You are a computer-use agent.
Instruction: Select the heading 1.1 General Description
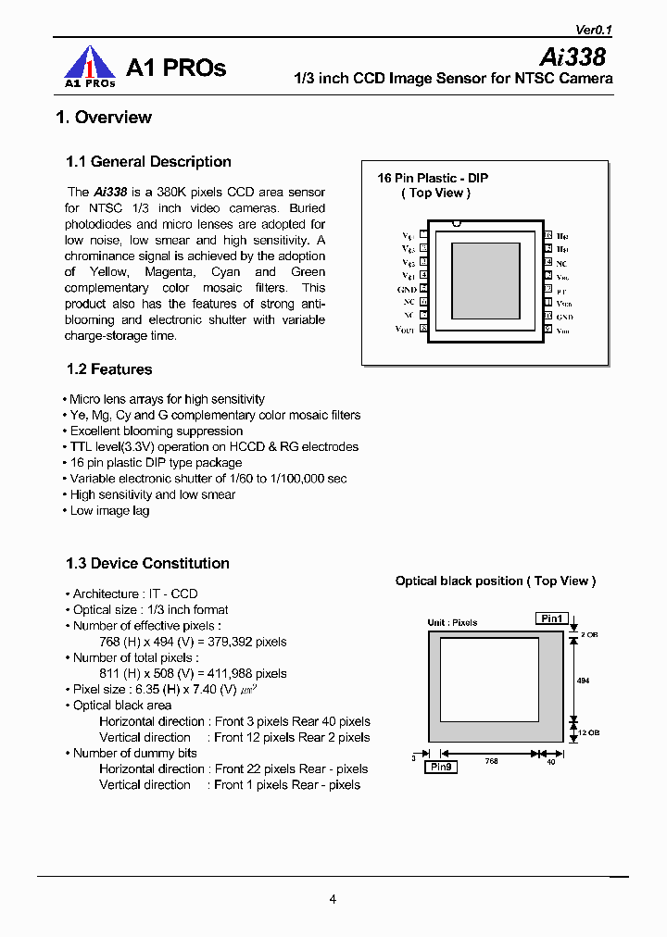click(148, 162)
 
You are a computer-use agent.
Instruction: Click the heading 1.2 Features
click(109, 369)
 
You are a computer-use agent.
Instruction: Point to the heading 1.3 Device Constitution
click(147, 563)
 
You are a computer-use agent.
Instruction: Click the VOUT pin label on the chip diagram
click(406, 329)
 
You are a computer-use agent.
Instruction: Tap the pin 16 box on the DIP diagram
click(548, 236)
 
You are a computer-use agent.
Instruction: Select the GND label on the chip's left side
click(406, 289)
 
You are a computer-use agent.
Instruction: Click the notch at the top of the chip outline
click(456, 223)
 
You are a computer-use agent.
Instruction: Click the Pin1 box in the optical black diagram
click(552, 618)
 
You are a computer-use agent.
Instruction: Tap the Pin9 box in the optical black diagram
click(441, 767)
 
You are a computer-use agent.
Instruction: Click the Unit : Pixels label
click(452, 622)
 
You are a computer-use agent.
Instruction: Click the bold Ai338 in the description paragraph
click(110, 193)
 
